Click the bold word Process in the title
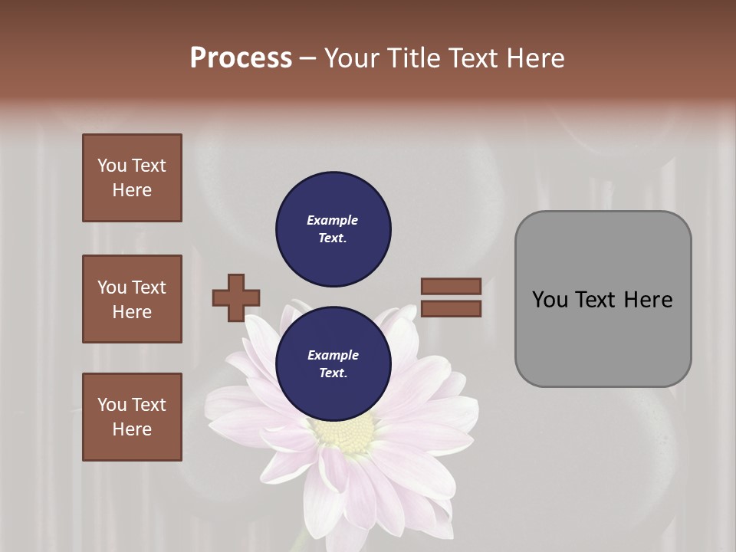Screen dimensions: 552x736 [241, 58]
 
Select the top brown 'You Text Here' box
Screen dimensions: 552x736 [132, 178]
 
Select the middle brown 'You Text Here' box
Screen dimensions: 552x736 [132, 299]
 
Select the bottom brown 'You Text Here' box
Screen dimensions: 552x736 [132, 417]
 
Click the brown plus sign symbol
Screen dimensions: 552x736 [236, 297]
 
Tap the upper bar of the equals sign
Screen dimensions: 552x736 [451, 286]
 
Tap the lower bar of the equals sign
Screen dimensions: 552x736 [451, 309]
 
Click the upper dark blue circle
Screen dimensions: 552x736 [333, 229]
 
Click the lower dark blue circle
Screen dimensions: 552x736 [333, 364]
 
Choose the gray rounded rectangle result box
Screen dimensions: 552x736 [603, 299]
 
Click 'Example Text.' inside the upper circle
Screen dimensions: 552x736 [333, 229]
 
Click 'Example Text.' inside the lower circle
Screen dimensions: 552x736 [333, 364]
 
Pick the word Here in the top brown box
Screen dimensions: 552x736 [132, 190]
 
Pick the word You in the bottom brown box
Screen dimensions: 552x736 [111, 405]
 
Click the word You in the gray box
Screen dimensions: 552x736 [550, 300]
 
